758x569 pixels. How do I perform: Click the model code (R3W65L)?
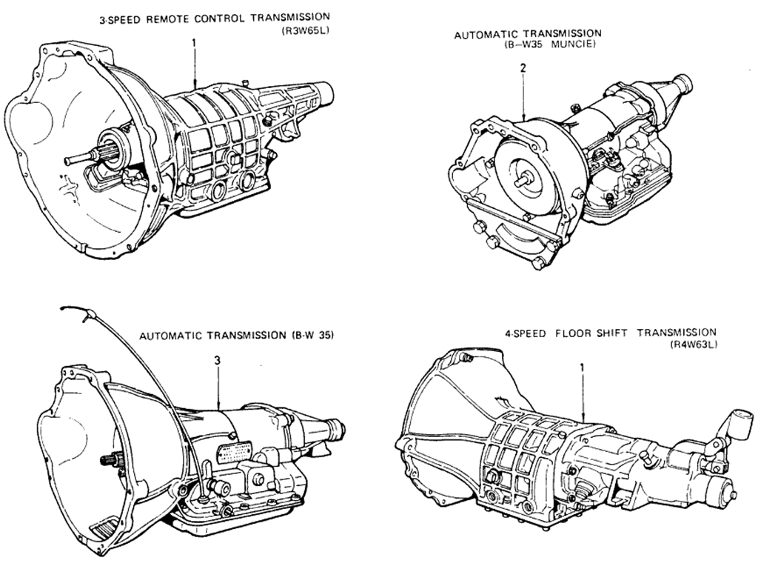tap(303, 30)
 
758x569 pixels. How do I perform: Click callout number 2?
tap(523, 69)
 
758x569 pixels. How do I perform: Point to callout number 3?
tap(216, 360)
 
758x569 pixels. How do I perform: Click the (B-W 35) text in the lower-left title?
tap(309, 335)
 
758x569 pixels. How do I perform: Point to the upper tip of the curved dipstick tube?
tap(66, 307)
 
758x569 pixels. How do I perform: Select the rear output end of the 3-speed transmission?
tap(327, 91)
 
